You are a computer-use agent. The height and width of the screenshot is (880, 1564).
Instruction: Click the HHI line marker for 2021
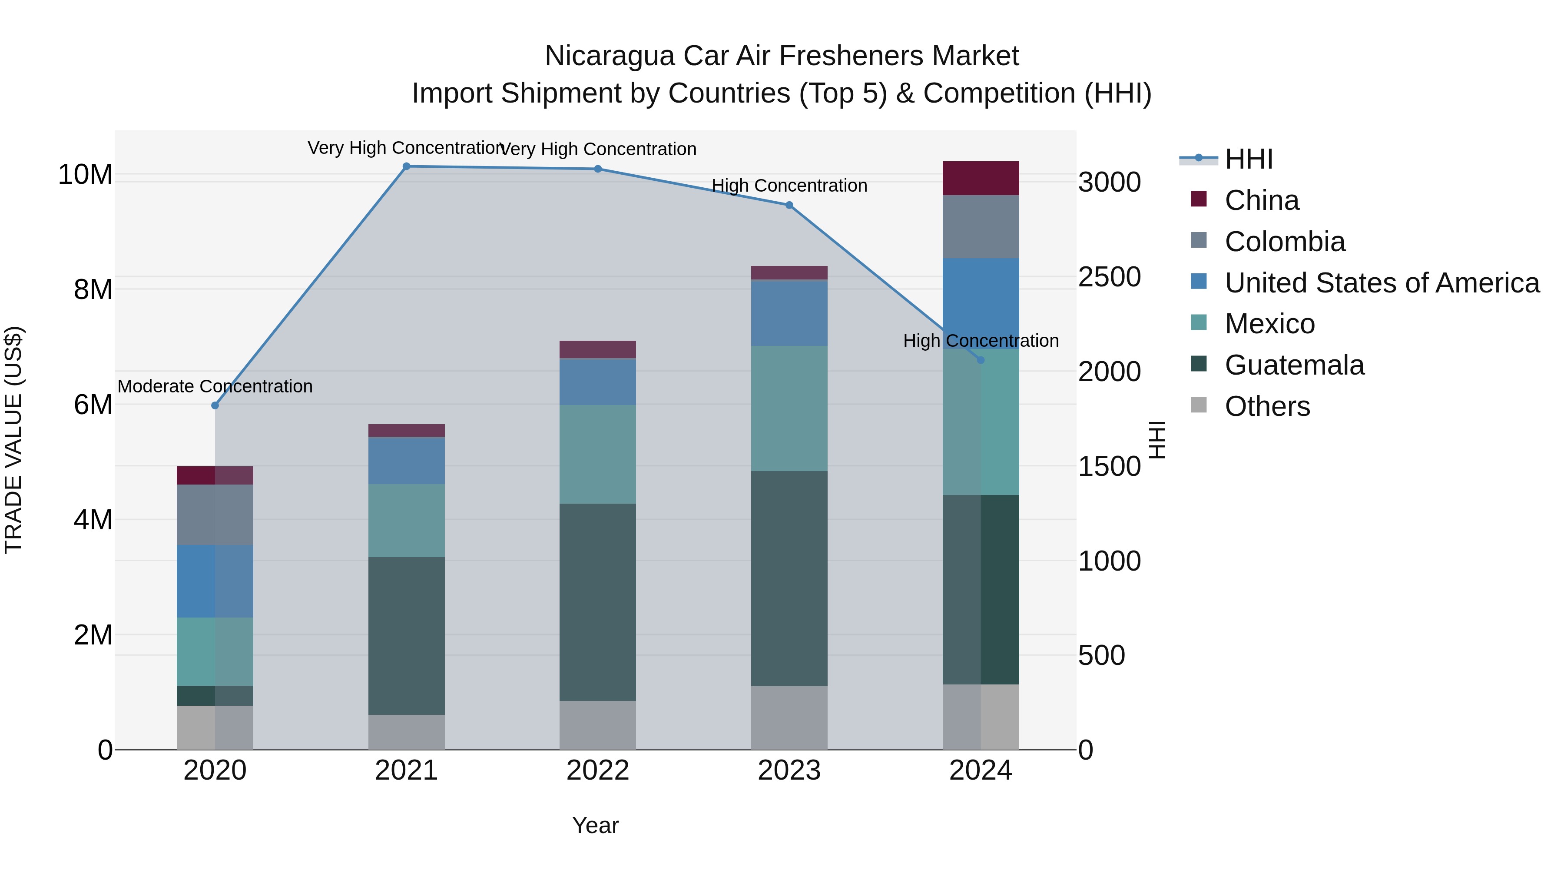[x=406, y=166]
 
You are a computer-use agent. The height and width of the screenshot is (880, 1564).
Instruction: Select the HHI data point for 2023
[x=789, y=205]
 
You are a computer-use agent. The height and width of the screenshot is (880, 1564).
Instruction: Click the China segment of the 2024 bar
[x=980, y=179]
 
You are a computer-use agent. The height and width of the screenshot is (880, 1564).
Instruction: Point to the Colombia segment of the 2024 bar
[x=980, y=226]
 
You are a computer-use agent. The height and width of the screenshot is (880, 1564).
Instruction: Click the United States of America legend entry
[x=1381, y=283]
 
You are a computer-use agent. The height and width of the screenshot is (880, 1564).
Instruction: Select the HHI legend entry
[x=1248, y=159]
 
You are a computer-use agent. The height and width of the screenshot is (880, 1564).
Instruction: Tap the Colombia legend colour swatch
[x=1199, y=240]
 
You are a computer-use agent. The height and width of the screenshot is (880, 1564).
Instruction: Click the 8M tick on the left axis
[x=93, y=290]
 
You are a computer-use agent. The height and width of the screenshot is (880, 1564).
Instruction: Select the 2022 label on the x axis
[x=597, y=770]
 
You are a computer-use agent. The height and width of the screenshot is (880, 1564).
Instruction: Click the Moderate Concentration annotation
[x=215, y=386]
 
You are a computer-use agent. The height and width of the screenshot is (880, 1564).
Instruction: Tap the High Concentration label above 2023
[x=789, y=186]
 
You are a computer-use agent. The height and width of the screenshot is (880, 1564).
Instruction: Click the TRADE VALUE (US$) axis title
[x=13, y=440]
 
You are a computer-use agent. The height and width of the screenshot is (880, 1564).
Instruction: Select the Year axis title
[x=595, y=825]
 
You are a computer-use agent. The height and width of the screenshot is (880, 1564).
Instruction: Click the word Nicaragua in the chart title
[x=609, y=56]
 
